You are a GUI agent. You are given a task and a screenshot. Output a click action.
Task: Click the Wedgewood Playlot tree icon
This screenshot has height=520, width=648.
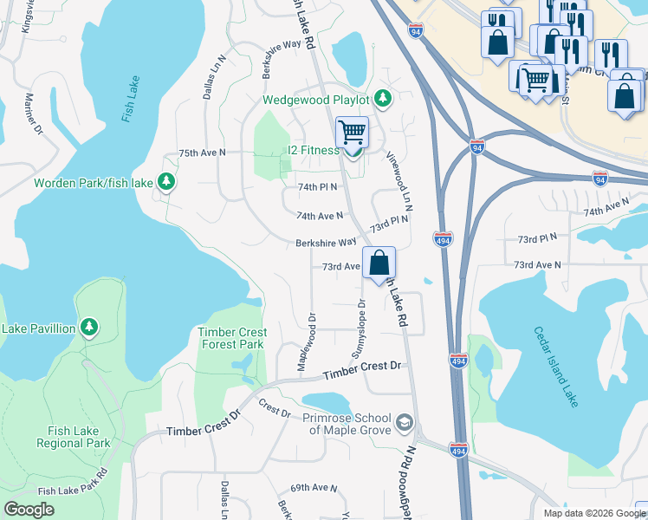click(x=382, y=99)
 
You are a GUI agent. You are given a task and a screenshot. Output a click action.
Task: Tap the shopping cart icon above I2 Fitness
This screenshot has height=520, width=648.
click(x=352, y=133)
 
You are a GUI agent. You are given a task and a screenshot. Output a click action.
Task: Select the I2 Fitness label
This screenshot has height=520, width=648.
click(x=314, y=150)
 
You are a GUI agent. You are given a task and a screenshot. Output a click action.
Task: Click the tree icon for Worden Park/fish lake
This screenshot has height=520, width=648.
click(x=167, y=182)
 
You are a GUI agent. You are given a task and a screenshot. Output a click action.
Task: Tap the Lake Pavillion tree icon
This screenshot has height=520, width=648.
click(x=88, y=327)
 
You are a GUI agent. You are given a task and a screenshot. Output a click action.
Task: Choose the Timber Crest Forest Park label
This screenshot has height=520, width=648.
click(x=230, y=338)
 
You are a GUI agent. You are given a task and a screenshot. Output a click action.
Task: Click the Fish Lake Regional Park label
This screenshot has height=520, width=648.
click(x=74, y=436)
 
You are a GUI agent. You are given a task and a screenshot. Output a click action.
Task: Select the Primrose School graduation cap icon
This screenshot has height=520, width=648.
click(x=404, y=422)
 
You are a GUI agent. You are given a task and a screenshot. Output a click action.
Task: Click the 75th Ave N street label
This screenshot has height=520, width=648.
click(x=202, y=153)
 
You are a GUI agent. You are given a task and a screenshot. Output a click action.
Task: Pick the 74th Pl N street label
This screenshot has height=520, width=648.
click(x=317, y=186)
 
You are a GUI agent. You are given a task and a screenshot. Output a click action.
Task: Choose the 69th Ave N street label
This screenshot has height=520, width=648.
click(x=313, y=488)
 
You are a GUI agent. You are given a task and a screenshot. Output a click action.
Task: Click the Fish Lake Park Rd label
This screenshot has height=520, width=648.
click(x=72, y=484)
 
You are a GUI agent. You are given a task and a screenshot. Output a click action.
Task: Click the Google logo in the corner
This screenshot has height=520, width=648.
click(x=29, y=509)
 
